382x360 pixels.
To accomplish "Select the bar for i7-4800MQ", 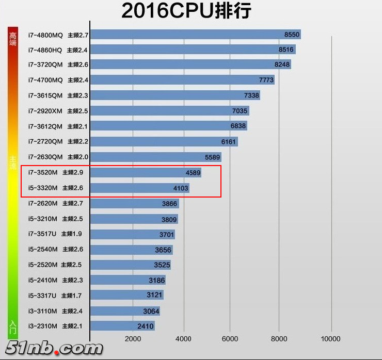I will click(195, 35).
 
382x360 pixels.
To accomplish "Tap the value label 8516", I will click(285, 50).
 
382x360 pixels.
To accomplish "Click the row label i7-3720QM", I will click(45, 65).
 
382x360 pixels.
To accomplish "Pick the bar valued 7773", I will click(182, 80).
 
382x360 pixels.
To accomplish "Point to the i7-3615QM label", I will click(45, 95).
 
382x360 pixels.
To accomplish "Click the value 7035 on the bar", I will click(240, 111).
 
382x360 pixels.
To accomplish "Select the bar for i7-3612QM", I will click(168, 126).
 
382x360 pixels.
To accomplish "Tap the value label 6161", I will click(228, 141).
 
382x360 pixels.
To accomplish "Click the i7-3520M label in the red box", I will click(43, 173).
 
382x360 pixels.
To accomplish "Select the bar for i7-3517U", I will click(132, 234).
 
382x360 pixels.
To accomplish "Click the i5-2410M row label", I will click(43, 280).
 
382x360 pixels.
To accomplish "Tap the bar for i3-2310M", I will click(122, 326).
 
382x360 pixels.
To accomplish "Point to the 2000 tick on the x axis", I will click(133, 339).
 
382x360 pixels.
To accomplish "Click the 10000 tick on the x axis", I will click(330, 339).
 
